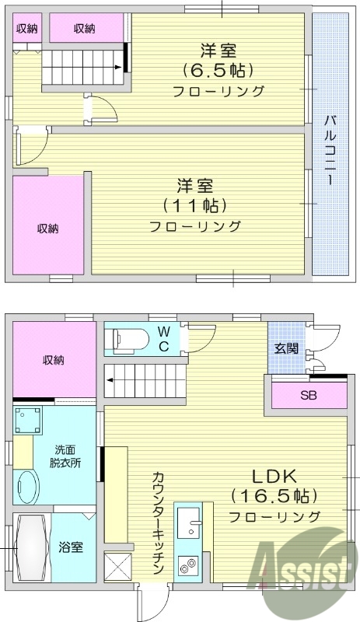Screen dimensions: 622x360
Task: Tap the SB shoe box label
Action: click(x=309, y=394)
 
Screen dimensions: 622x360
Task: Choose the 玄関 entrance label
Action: click(x=285, y=348)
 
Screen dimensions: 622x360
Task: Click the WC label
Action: click(x=164, y=337)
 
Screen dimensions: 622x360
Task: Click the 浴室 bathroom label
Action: click(x=71, y=547)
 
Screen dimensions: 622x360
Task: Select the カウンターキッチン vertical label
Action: click(x=158, y=522)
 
